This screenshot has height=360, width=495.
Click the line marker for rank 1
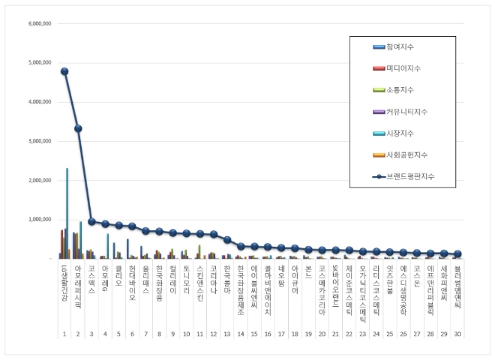tap(64, 71)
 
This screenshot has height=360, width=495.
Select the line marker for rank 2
tap(78, 128)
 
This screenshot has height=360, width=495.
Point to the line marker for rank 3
tap(91, 221)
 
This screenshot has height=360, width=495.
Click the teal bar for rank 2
tap(81, 239)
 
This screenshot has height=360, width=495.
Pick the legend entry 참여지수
tap(399, 46)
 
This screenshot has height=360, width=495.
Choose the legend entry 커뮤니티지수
tap(405, 112)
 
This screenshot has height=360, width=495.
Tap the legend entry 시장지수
tap(399, 133)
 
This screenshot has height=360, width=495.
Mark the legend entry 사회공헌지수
tap(405, 155)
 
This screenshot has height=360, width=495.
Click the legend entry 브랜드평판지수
tap(409, 177)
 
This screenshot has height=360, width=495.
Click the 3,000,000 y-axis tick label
tap(39, 141)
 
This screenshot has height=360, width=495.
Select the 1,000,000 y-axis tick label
tap(39, 220)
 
